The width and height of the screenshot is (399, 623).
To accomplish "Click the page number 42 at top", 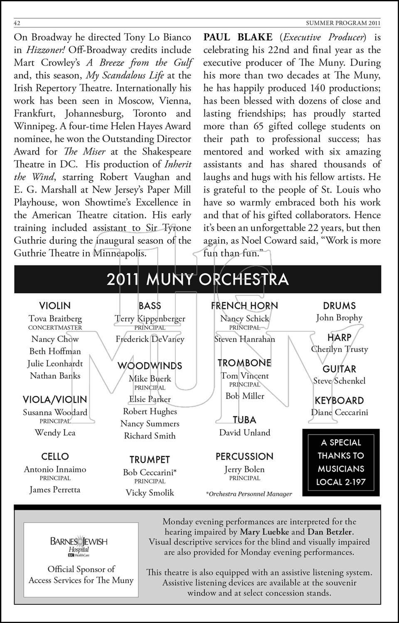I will (x=17, y=23).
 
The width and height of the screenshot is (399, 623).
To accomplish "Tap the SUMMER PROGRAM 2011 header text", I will (x=343, y=23).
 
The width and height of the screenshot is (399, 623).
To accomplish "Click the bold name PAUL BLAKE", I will (x=238, y=37).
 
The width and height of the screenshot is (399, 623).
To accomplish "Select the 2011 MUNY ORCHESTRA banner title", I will (x=197, y=279).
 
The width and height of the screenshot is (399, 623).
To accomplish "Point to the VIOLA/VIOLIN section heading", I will (x=55, y=400).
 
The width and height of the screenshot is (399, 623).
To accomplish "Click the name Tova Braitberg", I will (x=55, y=319).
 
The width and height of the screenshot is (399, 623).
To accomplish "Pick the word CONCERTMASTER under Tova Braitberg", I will (x=55, y=328).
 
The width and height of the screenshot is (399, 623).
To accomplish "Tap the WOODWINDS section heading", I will (x=150, y=366).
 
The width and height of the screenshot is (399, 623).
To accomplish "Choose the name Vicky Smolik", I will (x=150, y=493).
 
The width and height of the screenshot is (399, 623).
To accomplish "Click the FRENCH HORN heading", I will (x=244, y=306).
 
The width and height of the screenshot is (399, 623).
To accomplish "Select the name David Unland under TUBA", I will (x=244, y=432).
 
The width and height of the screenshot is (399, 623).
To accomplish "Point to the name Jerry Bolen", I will (x=244, y=469).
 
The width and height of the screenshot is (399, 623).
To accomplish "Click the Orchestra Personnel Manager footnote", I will (x=249, y=494).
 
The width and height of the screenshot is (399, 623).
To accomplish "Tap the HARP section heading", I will (x=339, y=337).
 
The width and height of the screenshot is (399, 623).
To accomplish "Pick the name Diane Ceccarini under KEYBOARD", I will (x=339, y=412).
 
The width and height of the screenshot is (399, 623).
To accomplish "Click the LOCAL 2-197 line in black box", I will (x=341, y=482).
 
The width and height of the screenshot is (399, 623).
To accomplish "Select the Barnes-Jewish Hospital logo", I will (x=79, y=546).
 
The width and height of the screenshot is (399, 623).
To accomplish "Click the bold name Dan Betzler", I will (x=330, y=532).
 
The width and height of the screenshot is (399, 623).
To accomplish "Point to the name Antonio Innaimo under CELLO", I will (x=55, y=469).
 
